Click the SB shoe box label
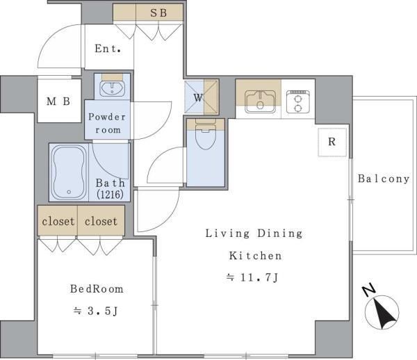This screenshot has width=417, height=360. (x=158, y=13)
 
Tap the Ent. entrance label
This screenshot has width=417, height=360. (x=108, y=49)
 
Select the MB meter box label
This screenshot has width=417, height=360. (x=58, y=101)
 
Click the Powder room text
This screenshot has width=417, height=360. (x=107, y=123)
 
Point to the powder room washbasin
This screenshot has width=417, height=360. (x=112, y=88)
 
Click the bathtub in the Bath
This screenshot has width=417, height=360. (x=69, y=173)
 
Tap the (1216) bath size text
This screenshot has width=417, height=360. (x=110, y=195)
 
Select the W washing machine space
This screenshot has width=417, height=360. (x=202, y=97)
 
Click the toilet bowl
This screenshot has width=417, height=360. (x=205, y=136)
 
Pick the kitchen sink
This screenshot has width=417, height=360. (x=260, y=101)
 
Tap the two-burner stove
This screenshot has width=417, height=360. (x=298, y=102)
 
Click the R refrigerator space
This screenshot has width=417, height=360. (x=332, y=142)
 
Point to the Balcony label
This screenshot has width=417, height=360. (x=384, y=179)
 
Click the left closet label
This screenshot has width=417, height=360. (x=58, y=221)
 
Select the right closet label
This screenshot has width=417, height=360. (x=101, y=221)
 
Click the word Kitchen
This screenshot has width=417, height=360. (x=255, y=256)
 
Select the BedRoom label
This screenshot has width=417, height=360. (x=97, y=289)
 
